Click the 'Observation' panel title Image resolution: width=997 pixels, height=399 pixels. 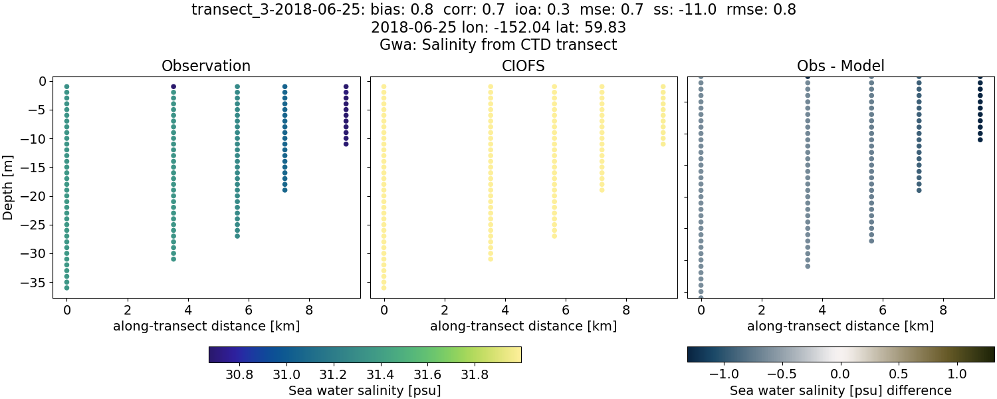(x=206, y=66)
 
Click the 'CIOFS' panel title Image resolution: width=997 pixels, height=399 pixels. (x=523, y=66)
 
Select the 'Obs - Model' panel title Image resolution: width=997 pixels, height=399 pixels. (x=840, y=66)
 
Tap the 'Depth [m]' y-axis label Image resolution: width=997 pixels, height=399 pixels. (x=9, y=186)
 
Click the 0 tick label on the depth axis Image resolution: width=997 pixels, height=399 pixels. (x=41, y=81)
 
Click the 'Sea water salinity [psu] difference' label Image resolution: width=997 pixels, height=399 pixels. (x=840, y=390)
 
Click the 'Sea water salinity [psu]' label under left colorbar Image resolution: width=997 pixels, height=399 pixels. (x=364, y=390)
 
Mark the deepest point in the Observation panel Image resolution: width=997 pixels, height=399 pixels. (x=66, y=287)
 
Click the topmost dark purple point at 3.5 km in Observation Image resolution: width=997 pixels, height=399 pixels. (x=173, y=86)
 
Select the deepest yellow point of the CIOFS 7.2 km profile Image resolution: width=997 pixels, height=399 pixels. (x=602, y=190)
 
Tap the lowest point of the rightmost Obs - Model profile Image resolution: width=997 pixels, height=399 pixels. (x=980, y=139)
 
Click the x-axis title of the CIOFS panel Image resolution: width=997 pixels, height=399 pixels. (x=523, y=327)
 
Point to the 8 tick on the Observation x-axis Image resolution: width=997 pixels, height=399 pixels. (x=309, y=309)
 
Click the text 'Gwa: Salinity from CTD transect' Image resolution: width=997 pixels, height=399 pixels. (x=498, y=45)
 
